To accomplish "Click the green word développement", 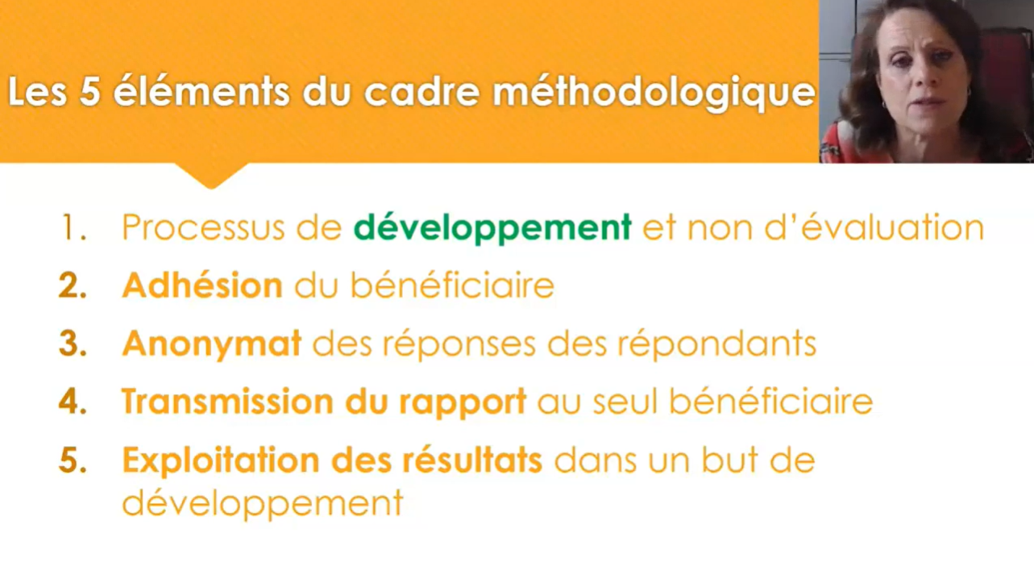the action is point(492,228).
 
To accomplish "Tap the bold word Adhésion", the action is point(202,285).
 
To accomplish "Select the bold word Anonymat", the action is point(212,344).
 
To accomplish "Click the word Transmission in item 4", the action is point(227,402).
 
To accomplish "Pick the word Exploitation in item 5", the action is point(221,460).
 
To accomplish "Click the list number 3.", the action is point(73,344).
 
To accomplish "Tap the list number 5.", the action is point(73,460).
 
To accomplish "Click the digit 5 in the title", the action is point(89,91).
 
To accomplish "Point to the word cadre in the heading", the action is point(422,91).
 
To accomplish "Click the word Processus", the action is point(203,227).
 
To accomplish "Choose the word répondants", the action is point(717,344).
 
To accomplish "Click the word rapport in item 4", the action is point(463,402).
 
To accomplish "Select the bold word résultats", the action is point(472,460).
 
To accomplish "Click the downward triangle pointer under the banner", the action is point(211,174).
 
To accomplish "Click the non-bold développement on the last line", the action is point(263,504).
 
